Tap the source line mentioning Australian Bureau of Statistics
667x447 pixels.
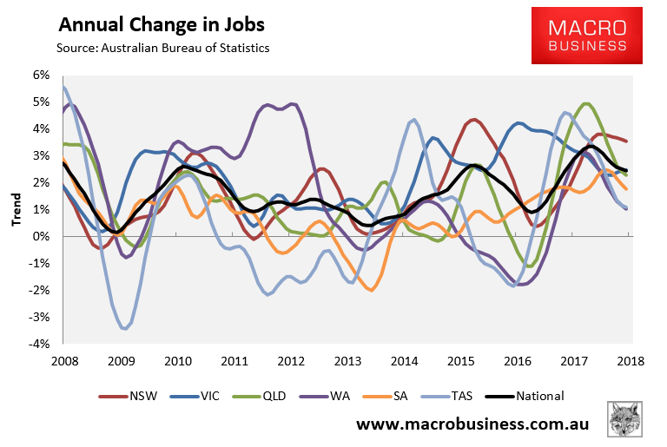coord(163,48)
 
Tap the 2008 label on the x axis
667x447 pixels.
coord(63,360)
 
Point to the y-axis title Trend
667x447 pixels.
coord(17,210)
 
